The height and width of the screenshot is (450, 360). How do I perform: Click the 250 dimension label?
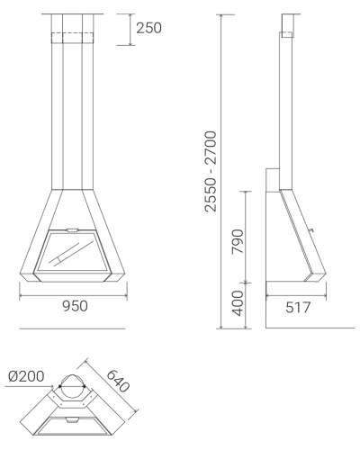click(148, 28)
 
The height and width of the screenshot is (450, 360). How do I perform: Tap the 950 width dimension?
click(75, 306)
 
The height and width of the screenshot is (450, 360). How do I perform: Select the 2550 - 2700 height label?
click(210, 171)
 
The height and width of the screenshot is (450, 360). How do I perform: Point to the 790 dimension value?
click(238, 241)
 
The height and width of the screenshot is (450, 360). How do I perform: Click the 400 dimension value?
click(238, 303)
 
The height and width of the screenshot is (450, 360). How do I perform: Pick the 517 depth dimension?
click(298, 308)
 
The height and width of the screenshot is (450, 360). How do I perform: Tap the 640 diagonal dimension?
click(118, 381)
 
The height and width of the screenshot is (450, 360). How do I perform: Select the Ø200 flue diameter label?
click(26, 376)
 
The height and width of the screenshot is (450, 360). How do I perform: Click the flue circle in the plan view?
click(72, 374)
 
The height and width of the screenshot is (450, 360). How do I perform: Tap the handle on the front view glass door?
click(72, 230)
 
